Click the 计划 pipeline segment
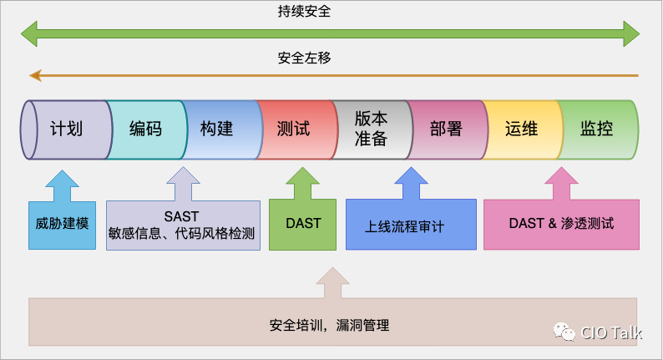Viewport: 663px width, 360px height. (x=67, y=129)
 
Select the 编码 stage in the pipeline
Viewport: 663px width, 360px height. (x=145, y=129)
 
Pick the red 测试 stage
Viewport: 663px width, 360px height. (x=293, y=129)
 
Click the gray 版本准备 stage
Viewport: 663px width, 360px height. (x=371, y=129)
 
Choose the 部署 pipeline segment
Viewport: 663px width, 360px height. (x=446, y=129)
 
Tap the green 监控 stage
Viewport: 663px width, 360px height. (x=596, y=129)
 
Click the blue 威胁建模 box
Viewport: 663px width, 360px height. (x=63, y=224)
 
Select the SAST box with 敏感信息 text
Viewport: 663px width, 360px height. (x=182, y=225)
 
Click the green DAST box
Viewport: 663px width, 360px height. (x=303, y=224)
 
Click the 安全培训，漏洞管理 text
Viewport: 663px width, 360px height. (x=330, y=325)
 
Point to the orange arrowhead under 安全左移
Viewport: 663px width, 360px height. (x=34, y=76)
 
